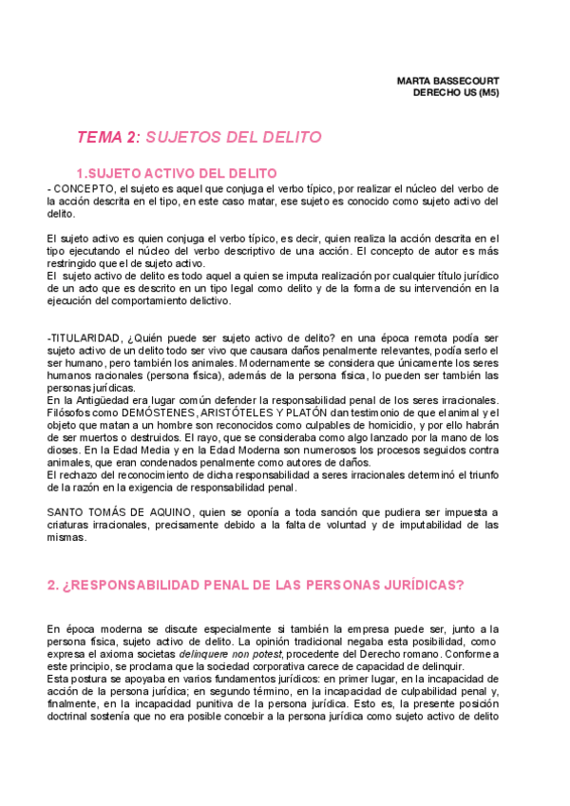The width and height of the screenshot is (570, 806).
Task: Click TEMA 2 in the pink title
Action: pos(106,138)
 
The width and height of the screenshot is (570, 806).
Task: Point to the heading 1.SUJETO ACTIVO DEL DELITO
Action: pos(176,173)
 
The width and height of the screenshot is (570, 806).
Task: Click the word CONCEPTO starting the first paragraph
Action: pos(80,189)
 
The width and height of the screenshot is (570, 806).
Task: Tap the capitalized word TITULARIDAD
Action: pos(85,338)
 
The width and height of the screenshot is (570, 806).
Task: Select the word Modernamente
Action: pos(283,362)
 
